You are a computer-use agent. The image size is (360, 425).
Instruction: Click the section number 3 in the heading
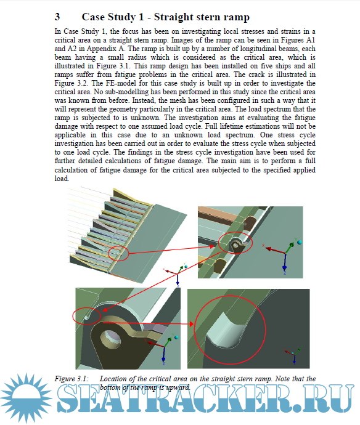coord(57,17)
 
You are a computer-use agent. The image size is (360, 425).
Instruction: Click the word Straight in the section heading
coord(173,17)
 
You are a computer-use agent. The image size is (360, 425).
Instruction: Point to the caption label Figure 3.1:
coord(72,379)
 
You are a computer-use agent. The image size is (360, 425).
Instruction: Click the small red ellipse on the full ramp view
coord(118,254)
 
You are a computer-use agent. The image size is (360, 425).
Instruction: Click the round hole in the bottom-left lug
coord(110,338)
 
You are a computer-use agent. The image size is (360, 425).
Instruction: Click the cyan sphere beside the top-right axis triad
coord(299,242)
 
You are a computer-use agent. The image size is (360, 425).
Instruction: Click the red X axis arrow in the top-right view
coord(276,251)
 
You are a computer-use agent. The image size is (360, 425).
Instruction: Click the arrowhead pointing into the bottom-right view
coord(191,323)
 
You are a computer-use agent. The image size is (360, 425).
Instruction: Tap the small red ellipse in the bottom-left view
coord(86,316)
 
